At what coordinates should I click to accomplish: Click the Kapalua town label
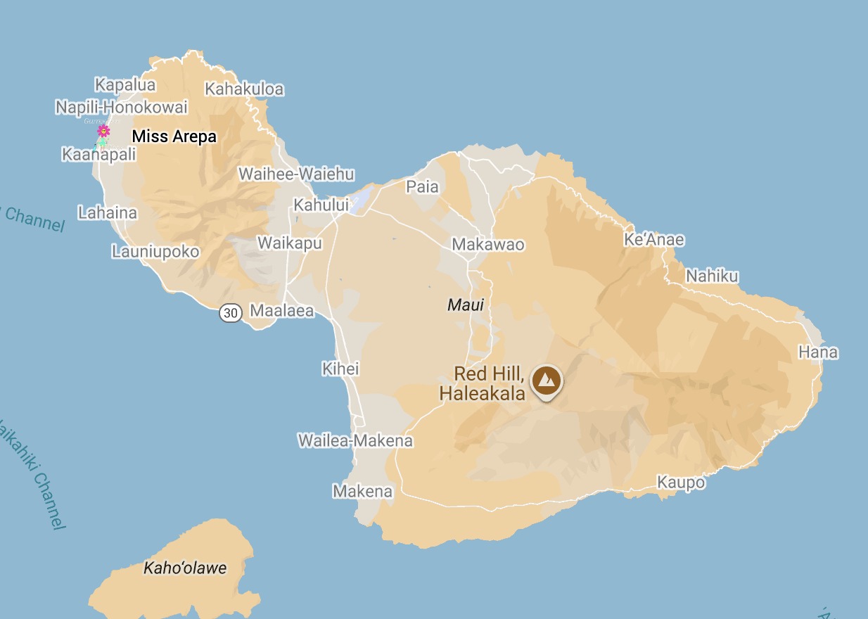(125, 85)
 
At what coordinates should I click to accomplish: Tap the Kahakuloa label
(244, 89)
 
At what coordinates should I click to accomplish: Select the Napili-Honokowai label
(122, 108)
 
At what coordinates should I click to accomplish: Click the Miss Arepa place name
(174, 136)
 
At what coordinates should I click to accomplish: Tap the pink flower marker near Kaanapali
(103, 131)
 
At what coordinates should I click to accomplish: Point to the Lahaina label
(108, 212)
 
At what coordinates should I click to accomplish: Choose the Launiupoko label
(155, 251)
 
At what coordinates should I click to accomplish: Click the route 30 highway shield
(231, 312)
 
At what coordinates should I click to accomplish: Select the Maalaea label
(282, 311)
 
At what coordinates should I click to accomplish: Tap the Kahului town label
(321, 205)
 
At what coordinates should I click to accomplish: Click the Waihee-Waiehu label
(296, 174)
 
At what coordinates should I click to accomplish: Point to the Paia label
(422, 186)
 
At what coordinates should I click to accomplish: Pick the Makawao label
(488, 245)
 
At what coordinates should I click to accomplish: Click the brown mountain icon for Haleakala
(547, 381)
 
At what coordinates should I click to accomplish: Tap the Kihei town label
(340, 369)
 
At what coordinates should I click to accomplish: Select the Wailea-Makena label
(355, 441)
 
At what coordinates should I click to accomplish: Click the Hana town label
(818, 352)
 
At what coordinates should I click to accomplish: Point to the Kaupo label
(681, 483)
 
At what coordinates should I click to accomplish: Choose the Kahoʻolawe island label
(185, 568)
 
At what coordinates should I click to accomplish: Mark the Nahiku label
(712, 276)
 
